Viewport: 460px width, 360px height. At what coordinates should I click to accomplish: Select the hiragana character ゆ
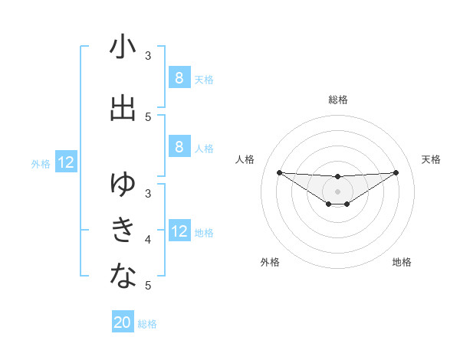tap(123, 183)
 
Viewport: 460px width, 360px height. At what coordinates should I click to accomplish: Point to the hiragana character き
tap(123, 229)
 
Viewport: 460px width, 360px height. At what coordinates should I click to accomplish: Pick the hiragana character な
tap(123, 275)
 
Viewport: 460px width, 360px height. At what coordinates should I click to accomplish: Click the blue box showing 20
tap(123, 322)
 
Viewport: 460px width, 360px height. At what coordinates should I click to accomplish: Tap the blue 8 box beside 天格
tap(179, 77)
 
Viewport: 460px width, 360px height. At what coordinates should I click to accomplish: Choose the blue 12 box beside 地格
tap(179, 231)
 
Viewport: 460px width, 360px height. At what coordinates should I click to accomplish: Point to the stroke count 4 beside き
tap(148, 240)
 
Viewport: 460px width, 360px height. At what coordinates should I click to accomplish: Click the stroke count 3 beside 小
tap(148, 56)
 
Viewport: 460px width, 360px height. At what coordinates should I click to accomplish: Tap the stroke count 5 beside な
tap(148, 286)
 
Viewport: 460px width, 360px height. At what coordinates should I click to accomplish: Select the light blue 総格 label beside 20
tap(148, 324)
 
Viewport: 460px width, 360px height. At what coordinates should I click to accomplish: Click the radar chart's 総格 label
tap(338, 100)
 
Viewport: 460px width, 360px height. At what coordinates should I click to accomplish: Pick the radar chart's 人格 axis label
tap(245, 159)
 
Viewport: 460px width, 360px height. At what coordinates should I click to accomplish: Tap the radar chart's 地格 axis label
tap(402, 262)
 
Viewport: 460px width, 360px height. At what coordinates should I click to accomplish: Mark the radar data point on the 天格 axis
tap(396, 172)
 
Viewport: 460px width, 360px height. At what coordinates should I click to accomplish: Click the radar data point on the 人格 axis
tap(279, 172)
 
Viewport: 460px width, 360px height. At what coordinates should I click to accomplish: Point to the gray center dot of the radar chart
tap(338, 191)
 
